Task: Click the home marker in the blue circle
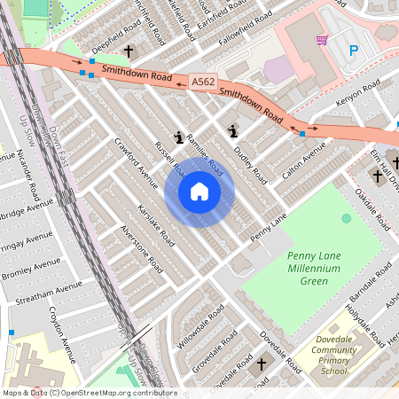(199, 192)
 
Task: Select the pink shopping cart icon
(322, 40)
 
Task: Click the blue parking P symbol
(355, 51)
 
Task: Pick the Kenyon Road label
(357, 92)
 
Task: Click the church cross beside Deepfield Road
(129, 51)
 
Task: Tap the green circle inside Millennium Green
(346, 218)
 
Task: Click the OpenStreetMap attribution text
(89, 392)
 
